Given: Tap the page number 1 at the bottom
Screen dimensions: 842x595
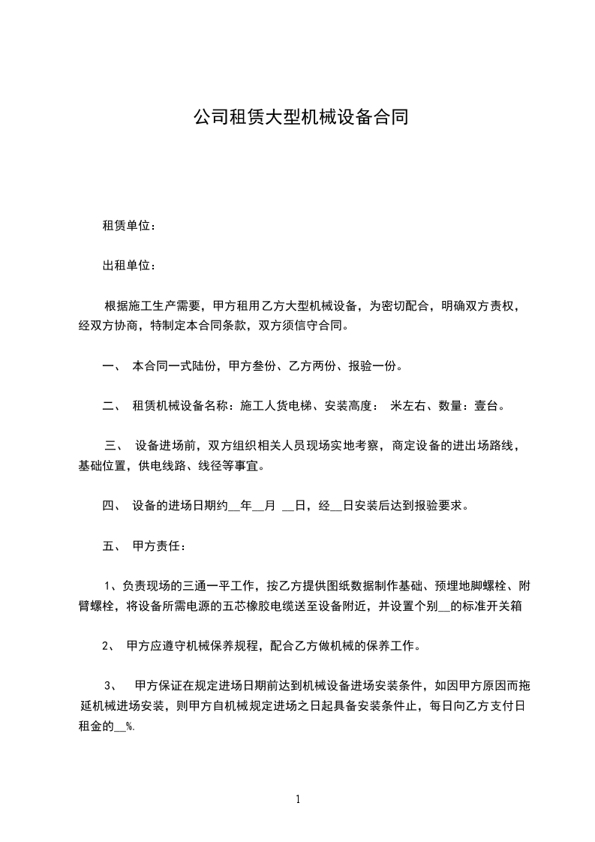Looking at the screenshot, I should coord(298,799).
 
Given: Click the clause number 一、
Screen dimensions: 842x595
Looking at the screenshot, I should coord(112,366).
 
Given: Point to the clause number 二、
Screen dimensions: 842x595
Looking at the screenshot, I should coord(112,406).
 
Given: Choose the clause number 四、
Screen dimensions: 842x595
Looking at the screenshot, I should coord(112,505).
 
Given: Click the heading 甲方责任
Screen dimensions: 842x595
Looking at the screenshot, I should coord(153,545).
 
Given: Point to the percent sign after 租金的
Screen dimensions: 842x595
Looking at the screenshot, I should coord(130,726).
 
